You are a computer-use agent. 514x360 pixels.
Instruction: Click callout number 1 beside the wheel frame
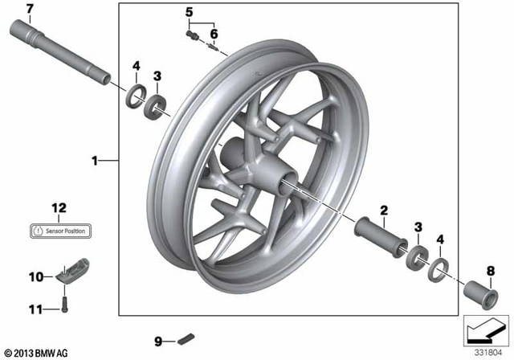click(95, 161)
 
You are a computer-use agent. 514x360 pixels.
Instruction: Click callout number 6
click(214, 34)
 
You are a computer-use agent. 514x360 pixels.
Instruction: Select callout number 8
click(492, 270)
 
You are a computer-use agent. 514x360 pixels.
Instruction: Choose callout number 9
click(159, 342)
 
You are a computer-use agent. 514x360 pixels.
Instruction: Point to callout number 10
click(35, 277)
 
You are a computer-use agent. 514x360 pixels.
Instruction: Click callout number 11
click(35, 308)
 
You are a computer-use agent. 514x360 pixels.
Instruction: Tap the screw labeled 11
click(63, 305)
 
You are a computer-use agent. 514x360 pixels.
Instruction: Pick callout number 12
click(58, 210)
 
